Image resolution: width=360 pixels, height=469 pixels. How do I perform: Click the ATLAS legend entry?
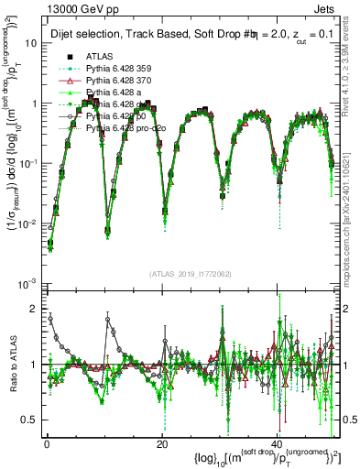point(100,57)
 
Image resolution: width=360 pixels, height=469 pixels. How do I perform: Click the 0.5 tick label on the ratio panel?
point(28,420)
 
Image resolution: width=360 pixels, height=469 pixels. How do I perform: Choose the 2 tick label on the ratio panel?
point(33,309)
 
